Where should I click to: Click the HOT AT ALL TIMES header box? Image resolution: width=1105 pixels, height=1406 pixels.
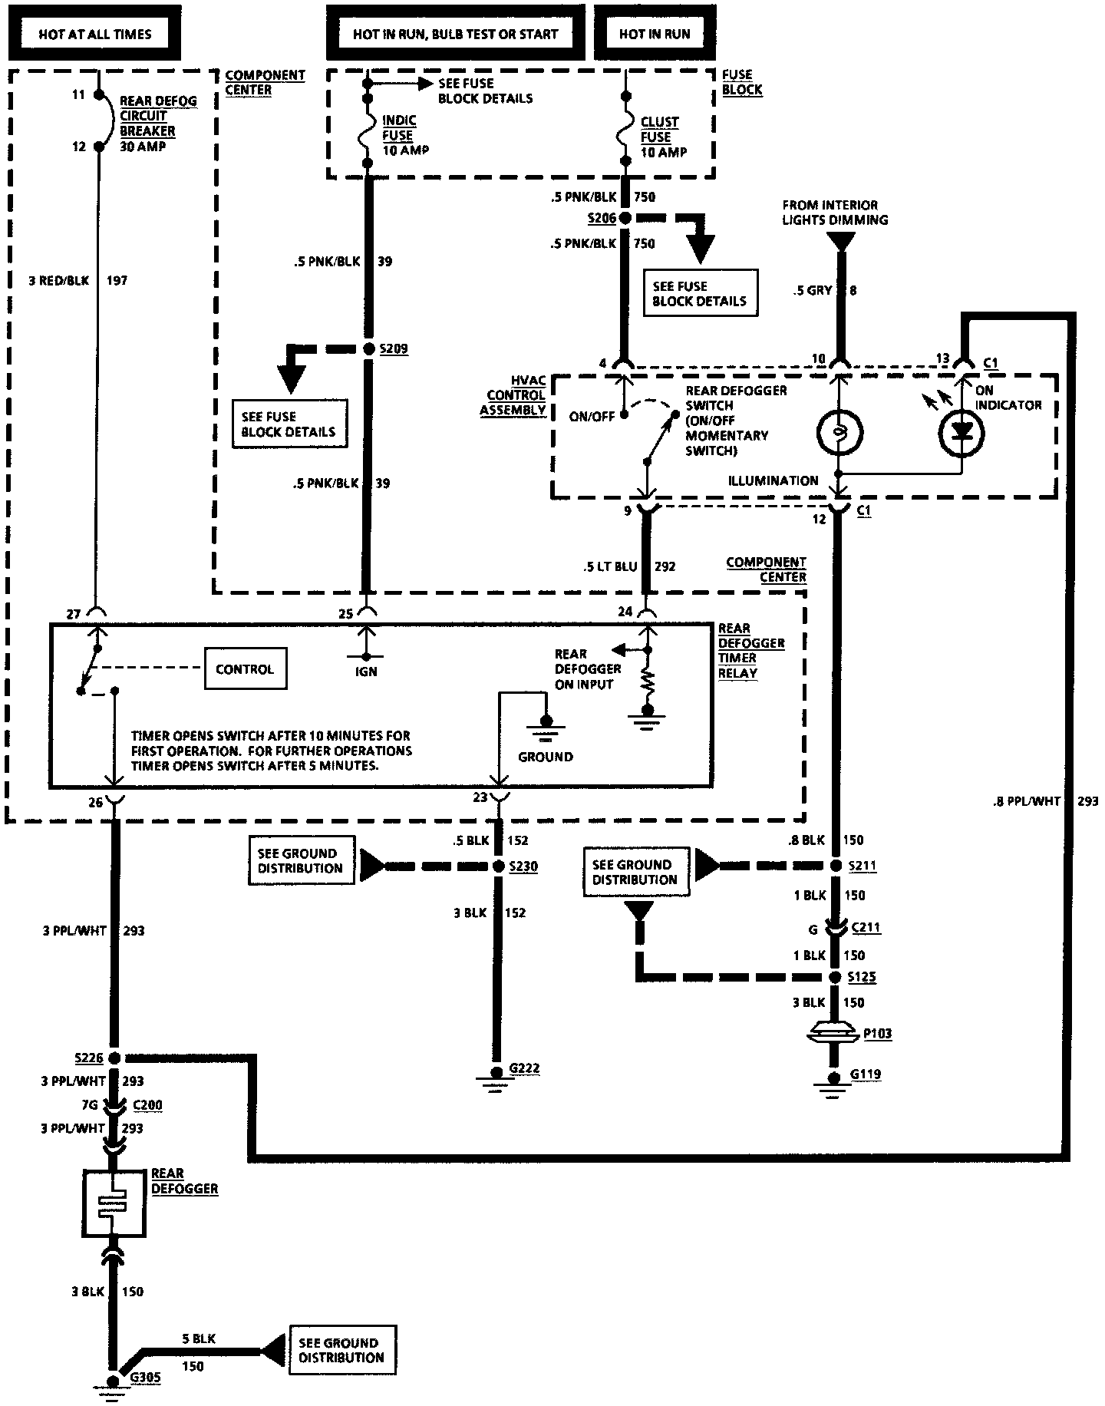coord(94,34)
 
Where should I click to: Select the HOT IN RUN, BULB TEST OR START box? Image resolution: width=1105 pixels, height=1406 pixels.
coord(456,34)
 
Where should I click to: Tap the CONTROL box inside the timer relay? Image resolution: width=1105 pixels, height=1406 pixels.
coord(245,669)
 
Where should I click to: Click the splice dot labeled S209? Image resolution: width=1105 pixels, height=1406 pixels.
coord(368,349)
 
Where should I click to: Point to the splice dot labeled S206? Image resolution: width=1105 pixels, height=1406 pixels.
coord(625,218)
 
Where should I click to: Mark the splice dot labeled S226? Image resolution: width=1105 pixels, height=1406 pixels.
coord(114,1058)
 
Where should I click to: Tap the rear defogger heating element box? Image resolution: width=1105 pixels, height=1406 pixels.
coord(114,1203)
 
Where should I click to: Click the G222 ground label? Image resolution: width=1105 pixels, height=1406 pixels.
coord(525,1069)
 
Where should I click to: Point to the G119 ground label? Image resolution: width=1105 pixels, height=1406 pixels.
coord(866,1074)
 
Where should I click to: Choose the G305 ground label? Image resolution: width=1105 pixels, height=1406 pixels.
coord(145,1377)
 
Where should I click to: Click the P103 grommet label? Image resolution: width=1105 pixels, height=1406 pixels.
coord(879,1033)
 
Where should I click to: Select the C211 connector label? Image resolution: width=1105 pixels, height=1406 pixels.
coord(866,928)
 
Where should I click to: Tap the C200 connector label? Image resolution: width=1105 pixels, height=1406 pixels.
coord(147,1105)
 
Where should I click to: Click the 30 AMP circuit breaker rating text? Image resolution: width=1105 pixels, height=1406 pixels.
coord(143,146)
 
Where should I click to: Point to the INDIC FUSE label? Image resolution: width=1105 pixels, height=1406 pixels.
coord(399,128)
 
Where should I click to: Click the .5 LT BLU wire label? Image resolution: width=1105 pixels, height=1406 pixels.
coord(610,566)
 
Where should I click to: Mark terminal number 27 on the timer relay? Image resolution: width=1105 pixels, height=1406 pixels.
coord(74,613)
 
